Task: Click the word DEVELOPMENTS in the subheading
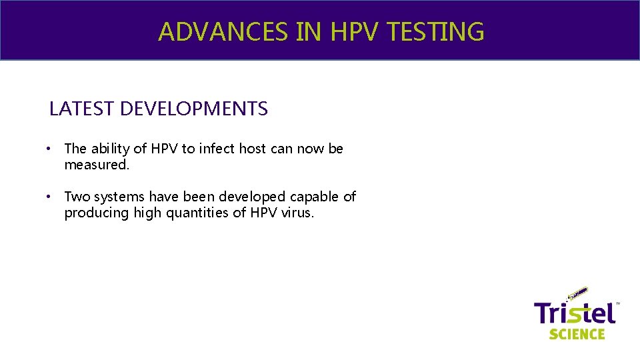pos(194,109)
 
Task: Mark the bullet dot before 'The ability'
pos(50,149)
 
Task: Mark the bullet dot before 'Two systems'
pos(50,197)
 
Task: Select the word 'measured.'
pos(97,165)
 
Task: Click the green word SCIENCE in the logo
pos(577,333)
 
